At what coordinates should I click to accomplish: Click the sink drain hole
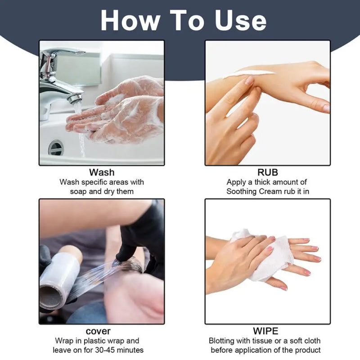[x=56, y=147]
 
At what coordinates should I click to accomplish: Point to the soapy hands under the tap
[x=119, y=112]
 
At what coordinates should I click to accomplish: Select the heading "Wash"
[x=102, y=172]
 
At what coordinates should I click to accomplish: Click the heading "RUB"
[x=267, y=172]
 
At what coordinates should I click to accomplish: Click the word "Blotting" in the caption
[x=223, y=341]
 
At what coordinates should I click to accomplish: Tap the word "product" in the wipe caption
[x=308, y=350]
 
